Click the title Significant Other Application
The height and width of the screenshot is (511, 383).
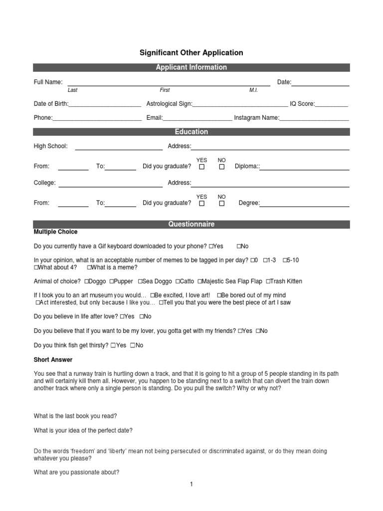[x=191, y=52]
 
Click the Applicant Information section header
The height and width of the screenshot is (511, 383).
[x=191, y=67]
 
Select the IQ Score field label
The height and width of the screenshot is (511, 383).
[x=302, y=104]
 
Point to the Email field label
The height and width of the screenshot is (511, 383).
[x=154, y=118]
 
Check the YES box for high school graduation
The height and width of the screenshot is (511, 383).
[x=202, y=167]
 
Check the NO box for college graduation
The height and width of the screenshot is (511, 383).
[x=222, y=204]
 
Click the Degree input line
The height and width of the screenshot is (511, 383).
[x=304, y=204]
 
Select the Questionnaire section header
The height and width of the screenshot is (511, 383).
[x=191, y=224]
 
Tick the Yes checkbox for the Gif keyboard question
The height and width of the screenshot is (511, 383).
[x=211, y=247]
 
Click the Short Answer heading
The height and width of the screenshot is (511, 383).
[x=53, y=360]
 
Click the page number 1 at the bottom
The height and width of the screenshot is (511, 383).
[x=191, y=484]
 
